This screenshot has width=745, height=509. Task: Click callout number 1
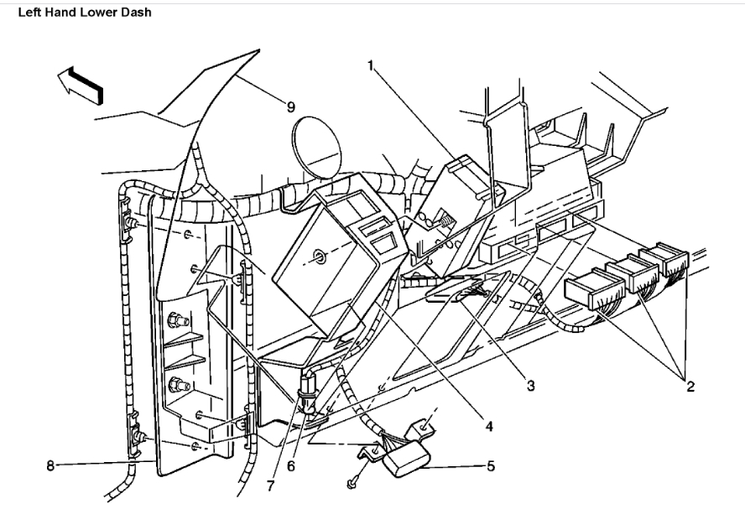(x=370, y=66)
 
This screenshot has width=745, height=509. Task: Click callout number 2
(x=690, y=388)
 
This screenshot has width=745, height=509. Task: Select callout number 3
(x=531, y=387)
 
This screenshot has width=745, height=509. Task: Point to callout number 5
(x=490, y=465)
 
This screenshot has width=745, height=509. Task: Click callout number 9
(x=290, y=106)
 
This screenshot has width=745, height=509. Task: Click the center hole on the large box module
(x=321, y=256)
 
